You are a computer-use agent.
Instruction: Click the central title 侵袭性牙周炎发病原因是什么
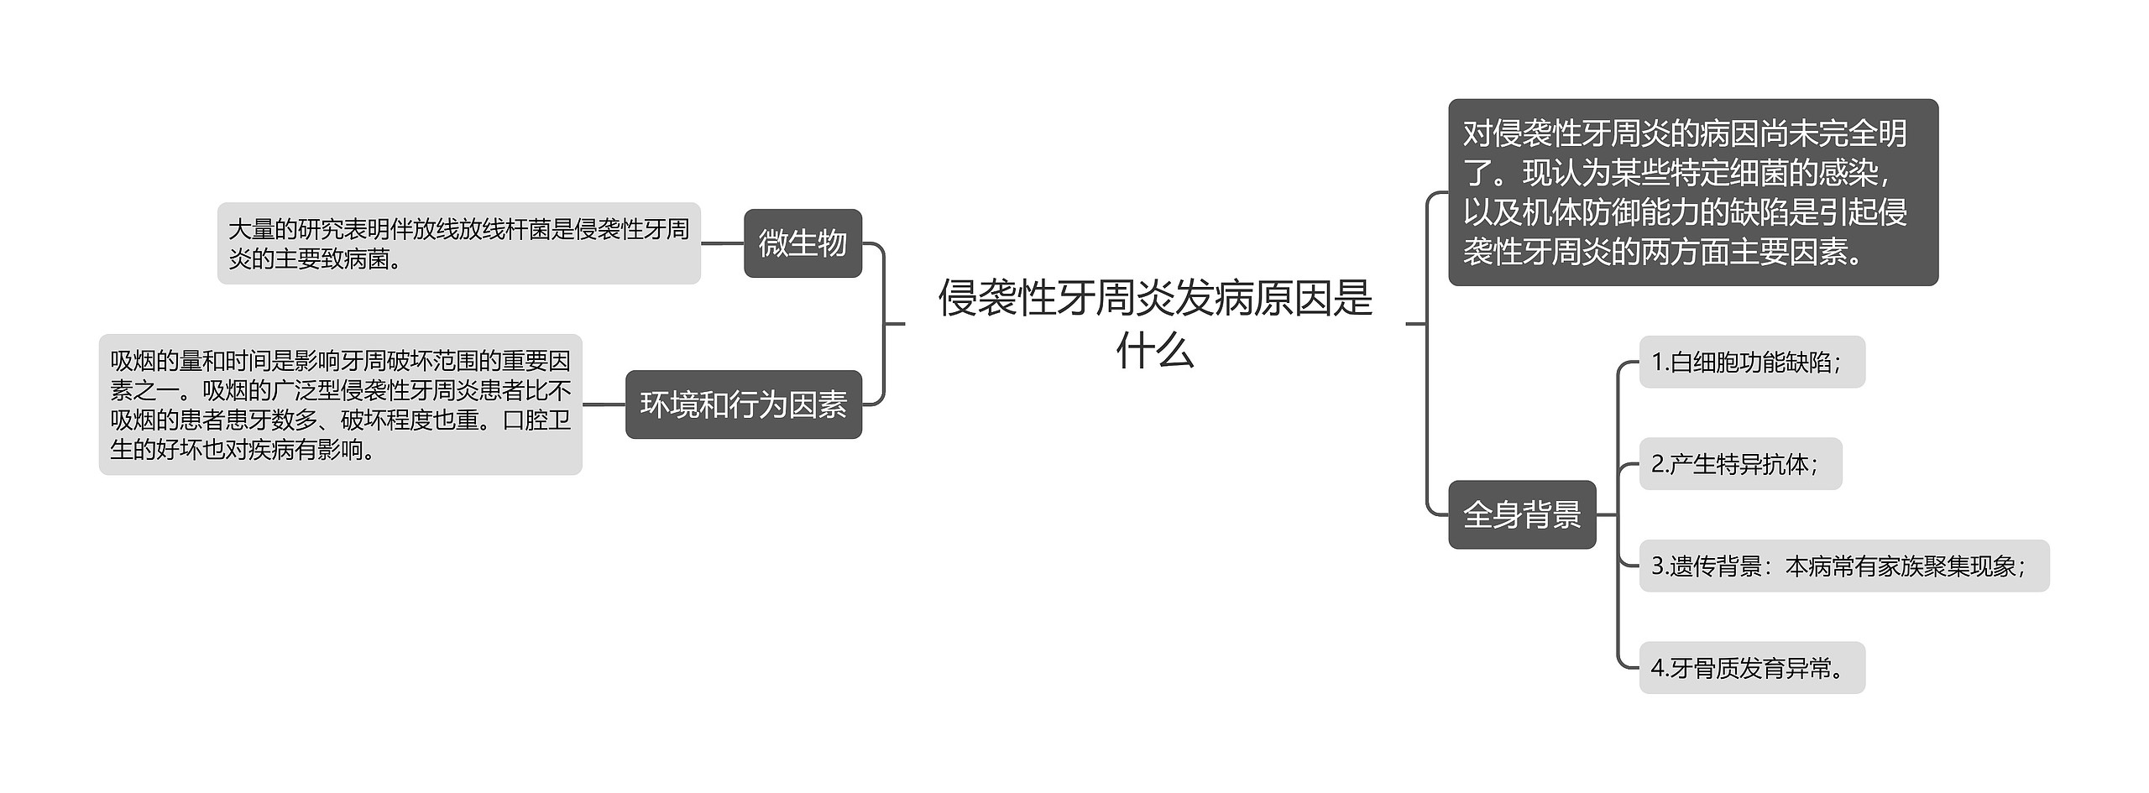(x=1154, y=322)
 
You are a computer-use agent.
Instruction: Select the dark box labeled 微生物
(x=803, y=243)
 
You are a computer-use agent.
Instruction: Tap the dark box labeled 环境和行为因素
(x=743, y=404)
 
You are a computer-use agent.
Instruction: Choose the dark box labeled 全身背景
(x=1521, y=514)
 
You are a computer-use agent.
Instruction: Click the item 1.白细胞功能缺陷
(x=1751, y=362)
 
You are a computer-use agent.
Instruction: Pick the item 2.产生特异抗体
(x=1739, y=464)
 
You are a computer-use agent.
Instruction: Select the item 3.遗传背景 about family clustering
(x=1843, y=566)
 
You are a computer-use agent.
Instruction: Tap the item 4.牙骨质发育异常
(x=1751, y=668)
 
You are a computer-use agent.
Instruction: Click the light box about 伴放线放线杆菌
(x=458, y=243)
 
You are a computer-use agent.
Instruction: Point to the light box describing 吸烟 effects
(x=340, y=404)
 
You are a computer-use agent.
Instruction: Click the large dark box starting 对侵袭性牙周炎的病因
(x=1692, y=192)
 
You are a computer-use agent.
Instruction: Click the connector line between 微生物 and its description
(x=722, y=243)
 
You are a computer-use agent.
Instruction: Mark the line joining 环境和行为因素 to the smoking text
(x=604, y=404)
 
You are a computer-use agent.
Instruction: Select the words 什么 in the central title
(x=1154, y=351)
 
